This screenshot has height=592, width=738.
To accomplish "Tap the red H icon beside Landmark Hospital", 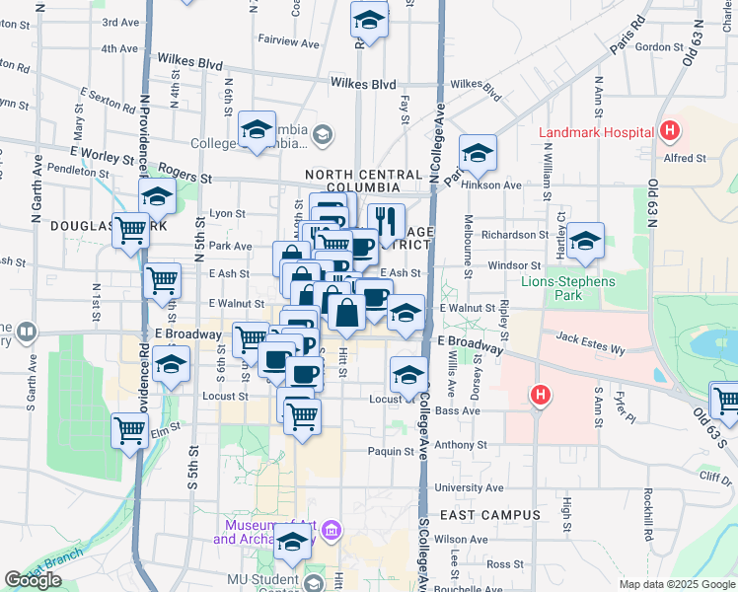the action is [670, 130].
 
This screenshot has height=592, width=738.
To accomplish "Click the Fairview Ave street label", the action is [289, 43].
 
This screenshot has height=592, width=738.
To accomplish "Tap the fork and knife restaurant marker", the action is [386, 221].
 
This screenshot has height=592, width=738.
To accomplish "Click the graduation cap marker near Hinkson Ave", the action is [478, 153].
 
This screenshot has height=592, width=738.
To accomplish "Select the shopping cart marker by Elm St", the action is [130, 430].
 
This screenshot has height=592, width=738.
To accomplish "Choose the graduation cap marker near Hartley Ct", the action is [585, 241].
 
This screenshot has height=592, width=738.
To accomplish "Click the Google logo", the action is [34, 580].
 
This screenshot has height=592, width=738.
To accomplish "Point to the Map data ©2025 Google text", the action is [676, 584].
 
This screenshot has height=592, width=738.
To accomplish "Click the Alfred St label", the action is [685, 158].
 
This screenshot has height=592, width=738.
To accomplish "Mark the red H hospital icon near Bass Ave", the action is [540, 397].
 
